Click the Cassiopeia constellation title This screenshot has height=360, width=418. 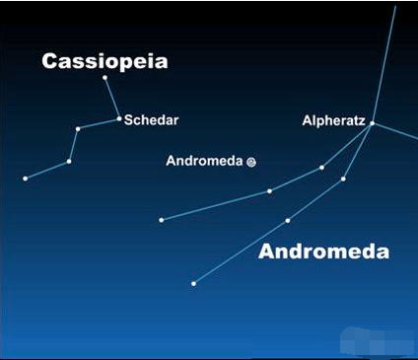coord(104,61)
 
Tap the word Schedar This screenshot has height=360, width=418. coord(151,120)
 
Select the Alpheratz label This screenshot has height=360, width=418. coord(333,120)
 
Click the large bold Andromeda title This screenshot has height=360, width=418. coord(323,252)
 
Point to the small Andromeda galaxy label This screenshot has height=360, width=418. coord(204,161)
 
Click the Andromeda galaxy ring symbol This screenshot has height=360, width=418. coord(251,162)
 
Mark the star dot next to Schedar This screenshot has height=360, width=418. coord(119,118)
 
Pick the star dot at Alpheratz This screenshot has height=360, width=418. coord(373,123)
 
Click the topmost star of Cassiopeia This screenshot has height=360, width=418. coord(104,78)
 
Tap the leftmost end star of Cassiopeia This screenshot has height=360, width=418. coord(26,179)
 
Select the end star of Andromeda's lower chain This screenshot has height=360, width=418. coord(193,283)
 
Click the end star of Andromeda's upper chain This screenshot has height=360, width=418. coord(162,220)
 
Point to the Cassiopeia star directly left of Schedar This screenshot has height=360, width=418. coord(78,129)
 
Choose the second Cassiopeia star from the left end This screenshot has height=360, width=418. coord(69,162)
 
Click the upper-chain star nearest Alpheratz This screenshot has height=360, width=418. coord(321,168)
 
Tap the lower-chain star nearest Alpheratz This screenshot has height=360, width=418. coord(343,179)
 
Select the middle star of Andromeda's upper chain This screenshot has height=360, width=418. coord(269,191)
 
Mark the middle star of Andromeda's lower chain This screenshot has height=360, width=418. coord(288,221)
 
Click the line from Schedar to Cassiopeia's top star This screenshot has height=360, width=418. coord(112,98)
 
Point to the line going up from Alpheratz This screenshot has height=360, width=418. coord(384,64)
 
